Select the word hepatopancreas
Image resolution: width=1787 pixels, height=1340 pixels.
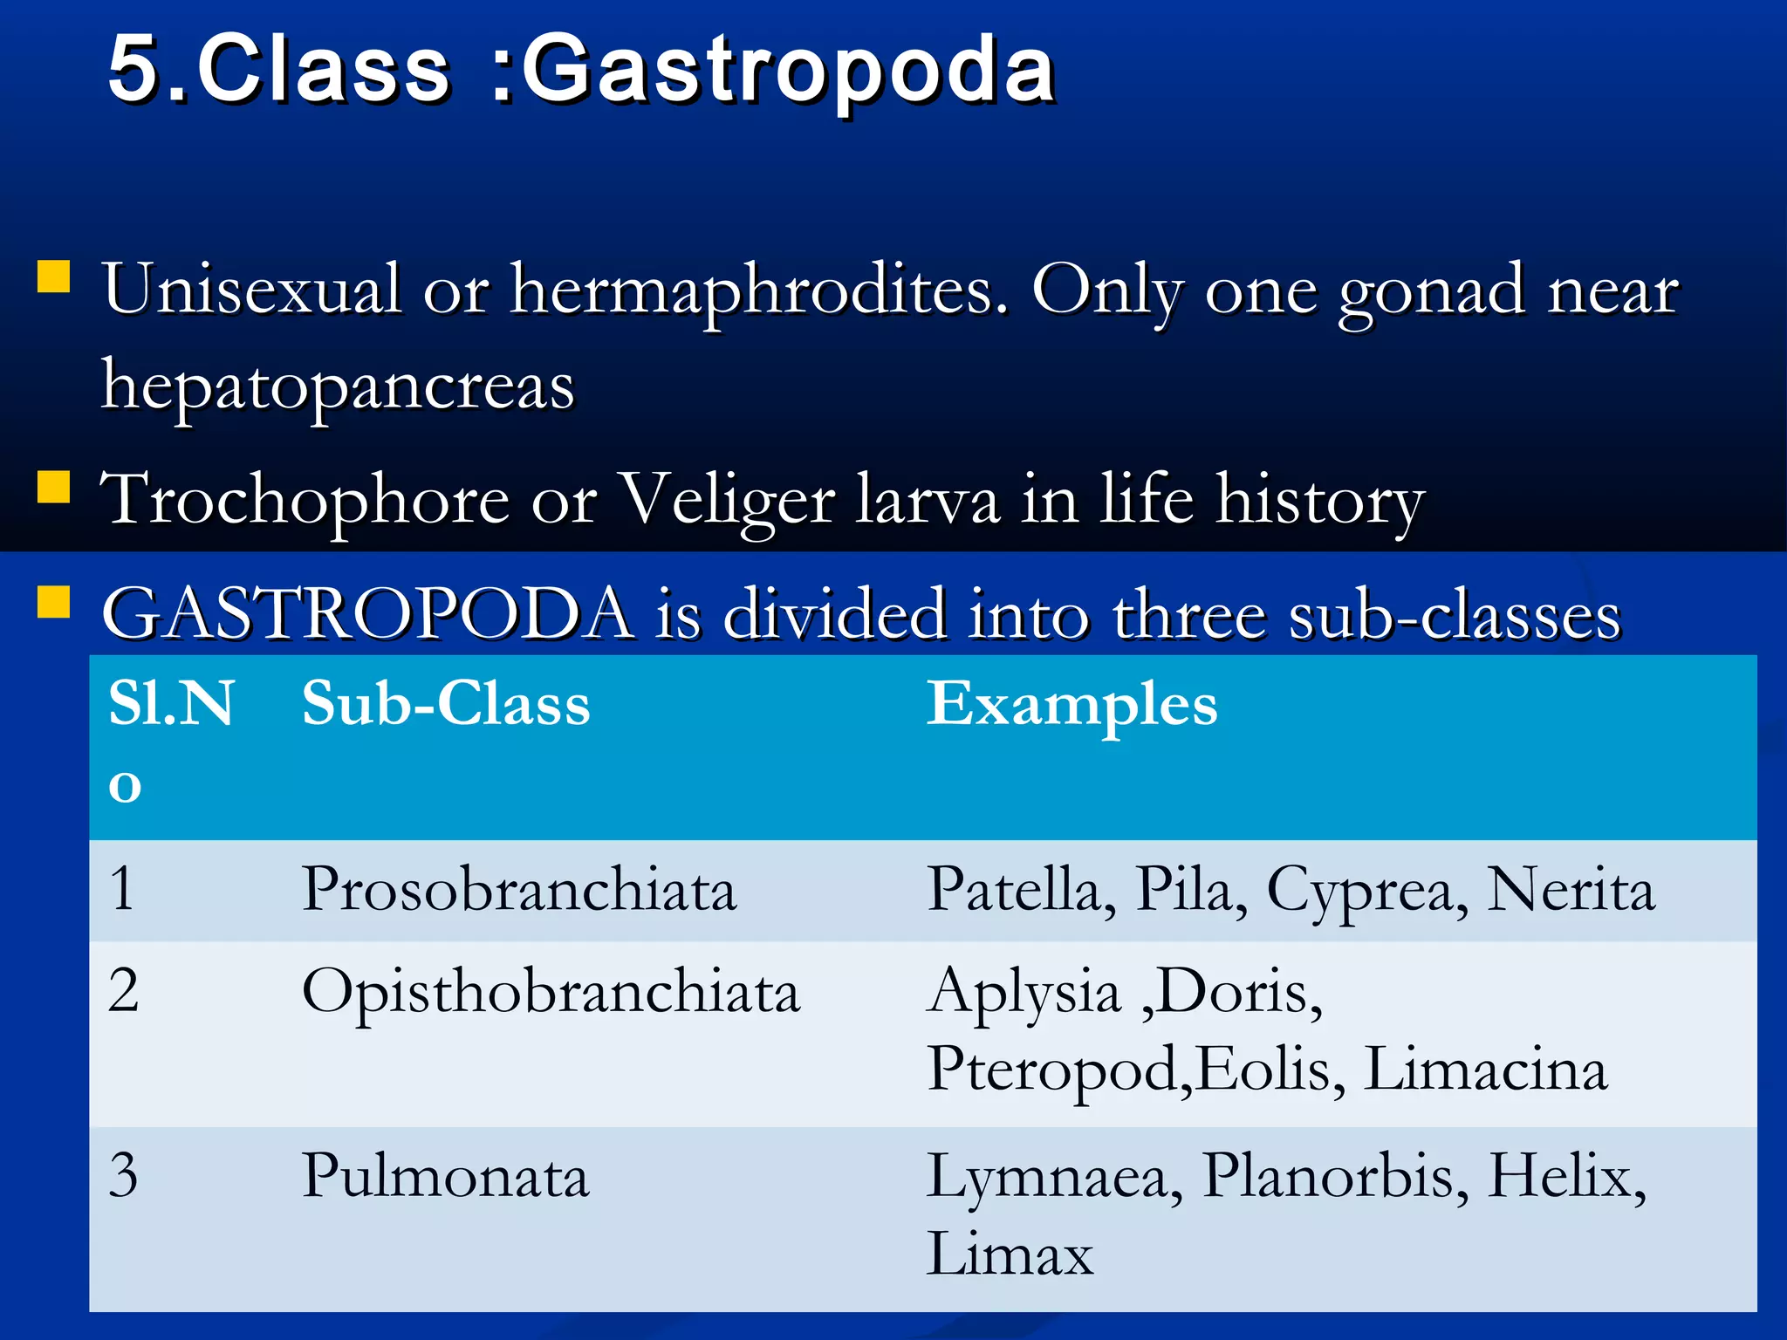tap(339, 386)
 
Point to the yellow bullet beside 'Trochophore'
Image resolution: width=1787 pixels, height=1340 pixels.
tap(53, 487)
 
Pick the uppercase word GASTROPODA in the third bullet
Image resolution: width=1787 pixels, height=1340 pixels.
tap(367, 614)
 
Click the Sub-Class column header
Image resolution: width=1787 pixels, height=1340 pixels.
tap(446, 703)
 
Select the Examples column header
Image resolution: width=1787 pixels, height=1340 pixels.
tap(1072, 705)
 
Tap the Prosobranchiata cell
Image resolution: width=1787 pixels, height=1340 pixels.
tap(519, 890)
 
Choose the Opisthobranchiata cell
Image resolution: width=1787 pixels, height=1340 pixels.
tap(551, 993)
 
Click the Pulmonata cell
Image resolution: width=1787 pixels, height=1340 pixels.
tap(445, 1176)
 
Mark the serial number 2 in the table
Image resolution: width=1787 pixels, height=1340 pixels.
tap(123, 991)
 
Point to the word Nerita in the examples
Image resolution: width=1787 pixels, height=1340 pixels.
tap(1570, 890)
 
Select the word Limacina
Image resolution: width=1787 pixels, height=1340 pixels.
tap(1484, 1070)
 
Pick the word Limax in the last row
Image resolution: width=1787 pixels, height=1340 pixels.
tap(1010, 1255)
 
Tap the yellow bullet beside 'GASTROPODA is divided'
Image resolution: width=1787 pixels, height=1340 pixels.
tap(53, 602)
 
